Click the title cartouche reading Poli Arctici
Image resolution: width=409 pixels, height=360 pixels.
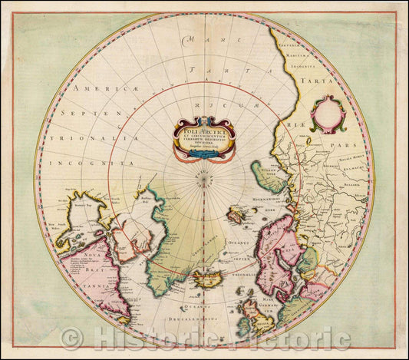203,137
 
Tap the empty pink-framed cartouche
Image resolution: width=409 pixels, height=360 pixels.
328,114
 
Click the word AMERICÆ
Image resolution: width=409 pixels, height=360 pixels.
97,89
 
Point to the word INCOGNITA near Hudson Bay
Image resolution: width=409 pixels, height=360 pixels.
85,163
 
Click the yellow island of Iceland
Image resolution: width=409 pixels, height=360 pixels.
207,278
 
